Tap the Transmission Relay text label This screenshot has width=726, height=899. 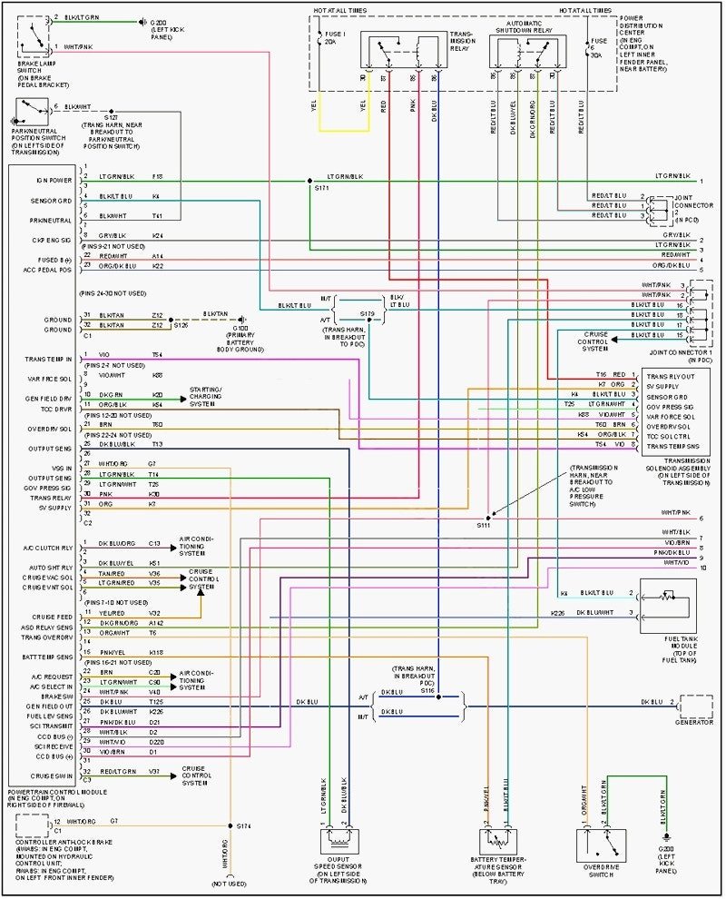coord(462,40)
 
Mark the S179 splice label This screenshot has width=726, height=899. coord(367,313)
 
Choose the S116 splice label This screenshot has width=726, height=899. coord(428,690)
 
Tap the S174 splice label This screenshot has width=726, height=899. coord(244,825)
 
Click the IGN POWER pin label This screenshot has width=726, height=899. coord(54,181)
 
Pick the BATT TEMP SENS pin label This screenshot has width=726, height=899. coord(48,656)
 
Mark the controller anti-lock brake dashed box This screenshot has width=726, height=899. coord(34,825)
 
